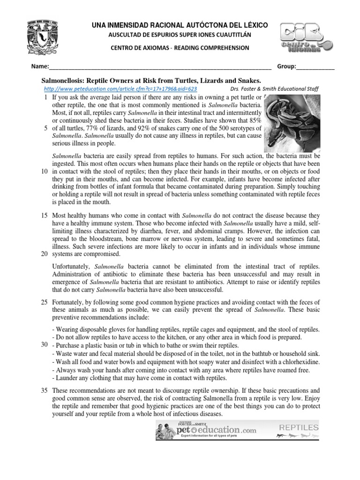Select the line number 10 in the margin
[x=44, y=172]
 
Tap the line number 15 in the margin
[x=44, y=215]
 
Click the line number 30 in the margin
[x=44, y=345]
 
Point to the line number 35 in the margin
[x=44, y=390]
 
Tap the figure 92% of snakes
[x=162, y=128]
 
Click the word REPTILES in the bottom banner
[x=299, y=427]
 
